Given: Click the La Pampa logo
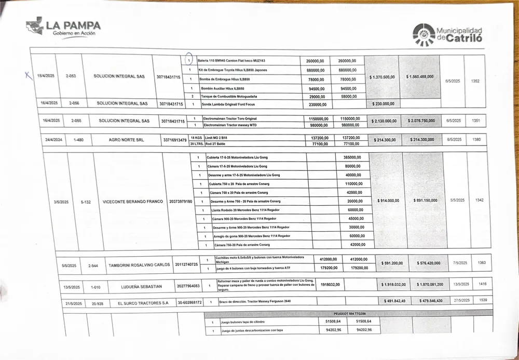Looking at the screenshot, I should click(63, 27).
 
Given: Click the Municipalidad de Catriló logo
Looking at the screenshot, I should click(447, 34).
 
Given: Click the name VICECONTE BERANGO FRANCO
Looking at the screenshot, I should click(133, 202).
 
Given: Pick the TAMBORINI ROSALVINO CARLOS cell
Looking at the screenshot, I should click(139, 265).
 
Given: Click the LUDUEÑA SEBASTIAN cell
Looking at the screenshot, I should click(141, 286).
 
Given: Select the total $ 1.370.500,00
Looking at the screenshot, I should click(382, 77).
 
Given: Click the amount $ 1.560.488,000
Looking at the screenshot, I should click(420, 77).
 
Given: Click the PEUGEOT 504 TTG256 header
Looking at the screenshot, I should click(349, 314).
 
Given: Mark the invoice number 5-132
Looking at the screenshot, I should click(86, 202).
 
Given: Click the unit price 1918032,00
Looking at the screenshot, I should click(331, 285).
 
